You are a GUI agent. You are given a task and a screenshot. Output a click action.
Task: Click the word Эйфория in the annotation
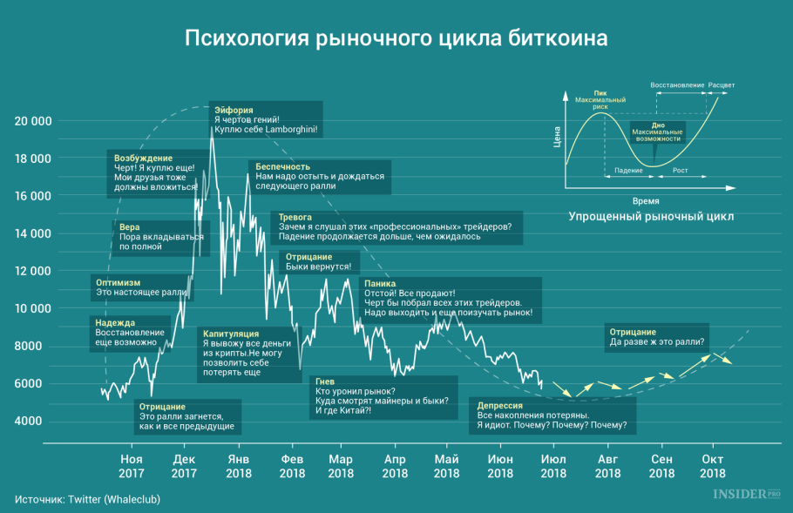click(234, 111)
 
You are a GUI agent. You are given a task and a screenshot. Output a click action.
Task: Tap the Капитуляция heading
click(230, 334)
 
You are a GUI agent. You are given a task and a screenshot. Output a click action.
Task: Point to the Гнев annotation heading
click(325, 381)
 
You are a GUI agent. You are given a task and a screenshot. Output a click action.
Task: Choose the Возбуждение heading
click(144, 159)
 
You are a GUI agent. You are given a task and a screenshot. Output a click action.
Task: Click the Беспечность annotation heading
click(283, 165)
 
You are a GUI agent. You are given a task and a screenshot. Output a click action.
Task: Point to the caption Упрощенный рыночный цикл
click(651, 215)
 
